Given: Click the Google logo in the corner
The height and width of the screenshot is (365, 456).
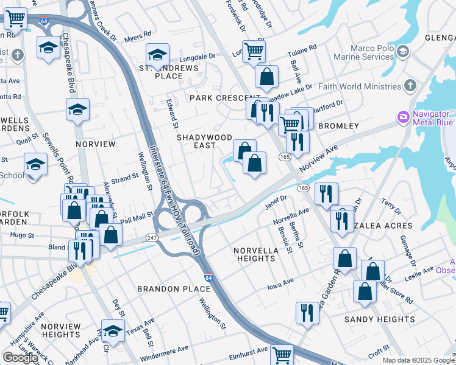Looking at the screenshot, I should click(20, 357).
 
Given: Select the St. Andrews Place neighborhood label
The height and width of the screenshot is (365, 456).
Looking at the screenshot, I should click(160, 71).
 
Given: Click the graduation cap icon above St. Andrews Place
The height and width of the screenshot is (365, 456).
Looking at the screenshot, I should click(157, 54).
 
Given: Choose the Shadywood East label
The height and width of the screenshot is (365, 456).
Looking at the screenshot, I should click(204, 141).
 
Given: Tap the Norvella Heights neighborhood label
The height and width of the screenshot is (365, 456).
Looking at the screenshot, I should click(255, 254).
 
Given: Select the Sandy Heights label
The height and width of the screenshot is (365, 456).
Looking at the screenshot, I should click(379, 319).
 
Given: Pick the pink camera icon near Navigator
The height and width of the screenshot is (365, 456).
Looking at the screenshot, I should click(402, 117).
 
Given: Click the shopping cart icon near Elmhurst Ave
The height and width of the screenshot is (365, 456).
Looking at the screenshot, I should click(282, 355).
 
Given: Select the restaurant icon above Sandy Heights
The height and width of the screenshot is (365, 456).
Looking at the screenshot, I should click(307, 313).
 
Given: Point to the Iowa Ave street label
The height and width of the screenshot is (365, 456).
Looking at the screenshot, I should click(281, 282).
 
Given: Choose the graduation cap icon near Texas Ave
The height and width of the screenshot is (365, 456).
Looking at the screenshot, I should click(113, 331).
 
